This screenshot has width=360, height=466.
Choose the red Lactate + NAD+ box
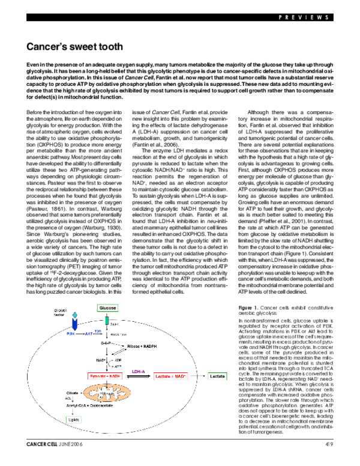click(x=182, y=375)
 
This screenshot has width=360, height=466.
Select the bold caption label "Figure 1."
click(x=256, y=306)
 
